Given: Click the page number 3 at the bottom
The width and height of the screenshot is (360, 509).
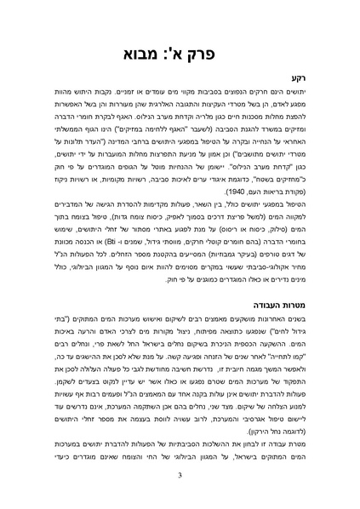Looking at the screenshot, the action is click(180, 486).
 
